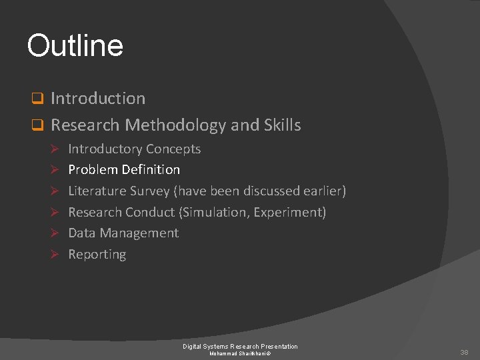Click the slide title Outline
(75, 45)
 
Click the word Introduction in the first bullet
(98, 99)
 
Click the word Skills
(283, 125)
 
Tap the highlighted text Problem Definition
(124, 170)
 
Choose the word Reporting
(97, 255)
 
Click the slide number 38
(464, 352)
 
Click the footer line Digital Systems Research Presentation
(240, 346)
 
